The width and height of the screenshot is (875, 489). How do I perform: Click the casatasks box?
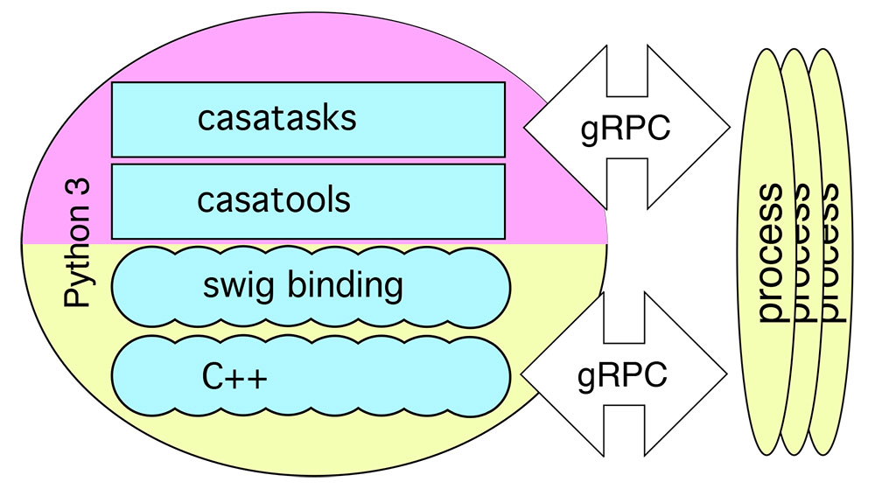(308, 119)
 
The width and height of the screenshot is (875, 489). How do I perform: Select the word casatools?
(273, 200)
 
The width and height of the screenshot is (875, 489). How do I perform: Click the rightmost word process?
(830, 254)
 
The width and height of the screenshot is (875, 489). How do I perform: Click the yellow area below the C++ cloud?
(306, 442)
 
